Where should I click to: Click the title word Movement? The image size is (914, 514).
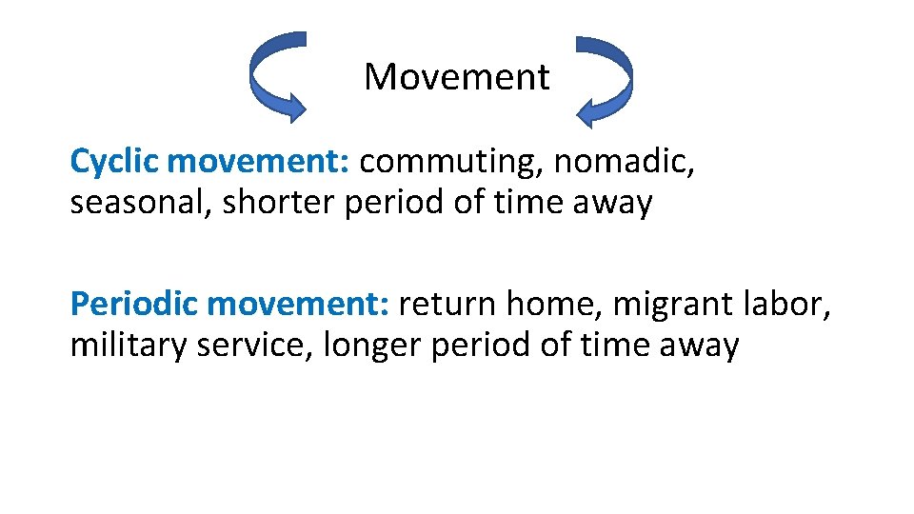click(456, 77)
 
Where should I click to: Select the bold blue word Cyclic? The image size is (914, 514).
click(114, 163)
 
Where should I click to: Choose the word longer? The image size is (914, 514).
click(372, 346)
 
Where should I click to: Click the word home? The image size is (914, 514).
click(552, 305)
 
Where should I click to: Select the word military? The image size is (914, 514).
click(129, 346)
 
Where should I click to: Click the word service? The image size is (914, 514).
click(255, 346)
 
